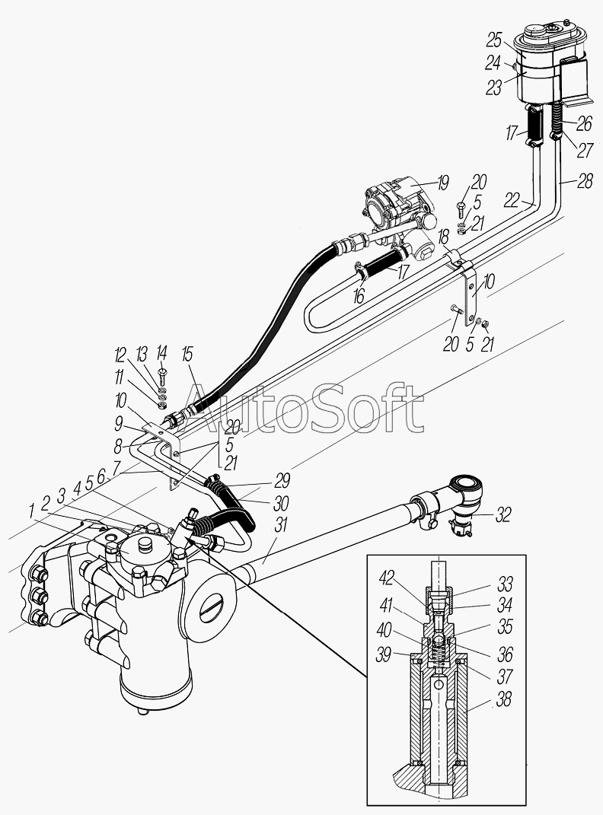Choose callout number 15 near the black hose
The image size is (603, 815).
tap(188, 353)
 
